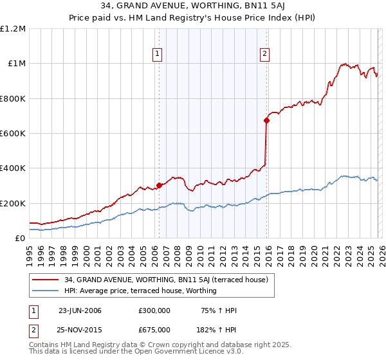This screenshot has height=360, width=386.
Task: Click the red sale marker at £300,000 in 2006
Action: click(x=159, y=185)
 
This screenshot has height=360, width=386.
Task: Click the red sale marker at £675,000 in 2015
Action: click(x=266, y=120)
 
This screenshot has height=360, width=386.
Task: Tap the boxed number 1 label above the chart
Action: click(x=158, y=55)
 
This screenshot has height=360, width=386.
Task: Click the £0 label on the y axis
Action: click(x=20, y=239)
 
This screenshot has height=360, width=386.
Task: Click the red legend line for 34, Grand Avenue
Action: click(x=46, y=280)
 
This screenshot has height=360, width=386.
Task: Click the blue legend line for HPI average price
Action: click(x=46, y=291)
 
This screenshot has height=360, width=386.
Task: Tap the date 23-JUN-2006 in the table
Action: click(x=80, y=310)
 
